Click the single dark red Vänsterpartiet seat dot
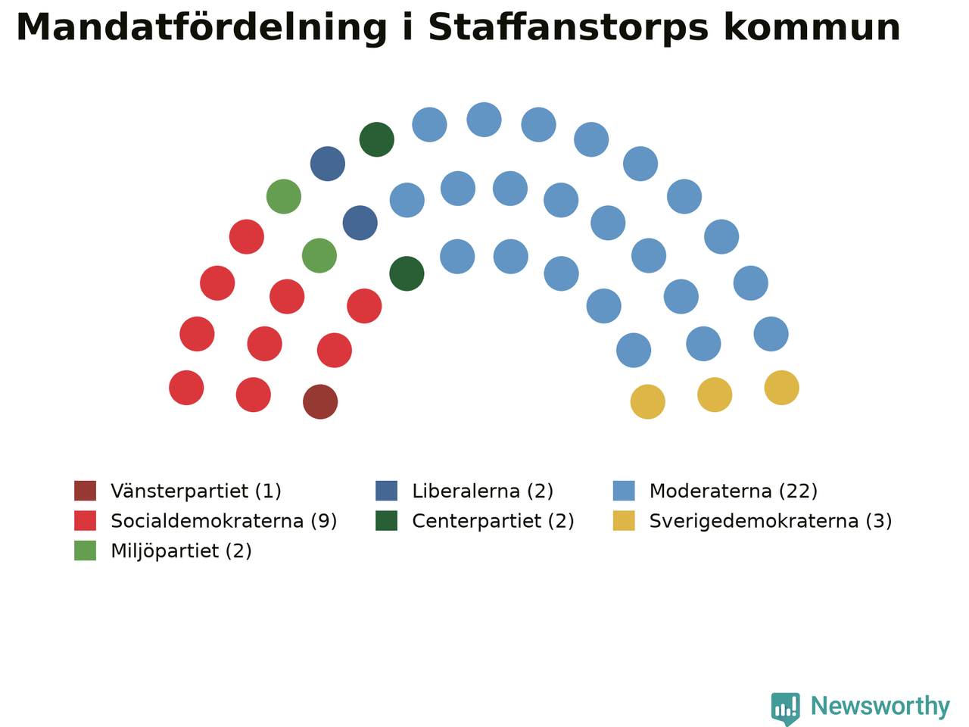[x=320, y=401]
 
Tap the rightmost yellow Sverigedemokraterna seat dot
[x=782, y=388]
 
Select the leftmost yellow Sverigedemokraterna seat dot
[x=647, y=401]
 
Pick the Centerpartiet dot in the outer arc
[x=376, y=139]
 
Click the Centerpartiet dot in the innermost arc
[x=407, y=273]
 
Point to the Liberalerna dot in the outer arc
[x=328, y=164]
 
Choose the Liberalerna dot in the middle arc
[x=360, y=223]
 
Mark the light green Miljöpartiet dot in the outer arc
[x=284, y=196]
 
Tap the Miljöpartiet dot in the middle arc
[x=319, y=255]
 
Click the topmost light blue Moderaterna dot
[x=484, y=120]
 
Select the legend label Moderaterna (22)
[x=734, y=491]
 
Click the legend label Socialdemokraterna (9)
[x=224, y=521]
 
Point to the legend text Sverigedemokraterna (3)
[x=771, y=521]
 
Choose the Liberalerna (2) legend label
[x=482, y=491]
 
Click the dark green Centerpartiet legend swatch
[x=386, y=521]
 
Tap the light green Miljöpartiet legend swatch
[x=86, y=551]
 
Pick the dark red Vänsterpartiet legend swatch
[x=86, y=491]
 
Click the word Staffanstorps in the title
[x=569, y=28]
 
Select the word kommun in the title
[x=812, y=27]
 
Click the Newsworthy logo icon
[x=785, y=709]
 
